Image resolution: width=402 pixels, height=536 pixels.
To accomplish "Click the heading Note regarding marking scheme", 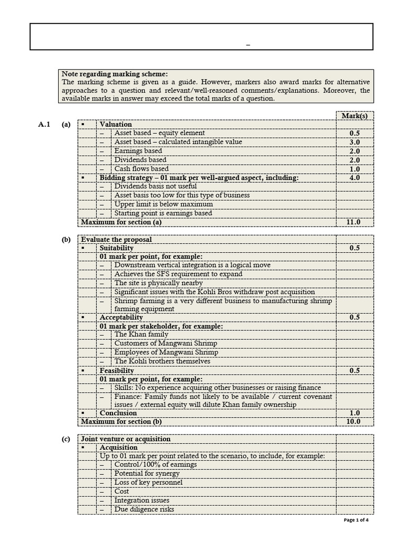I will (x=115, y=74).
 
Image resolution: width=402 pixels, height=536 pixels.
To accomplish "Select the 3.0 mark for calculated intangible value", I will (x=354, y=142).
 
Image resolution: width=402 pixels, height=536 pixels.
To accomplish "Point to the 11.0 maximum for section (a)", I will (x=354, y=222).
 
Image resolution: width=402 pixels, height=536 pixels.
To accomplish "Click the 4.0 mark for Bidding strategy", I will (x=354, y=178).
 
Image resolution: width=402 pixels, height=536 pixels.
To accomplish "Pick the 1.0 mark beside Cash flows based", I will (x=354, y=169).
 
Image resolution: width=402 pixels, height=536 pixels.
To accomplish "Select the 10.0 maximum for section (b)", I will (x=354, y=421).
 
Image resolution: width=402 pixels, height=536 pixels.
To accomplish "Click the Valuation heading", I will (x=116, y=125).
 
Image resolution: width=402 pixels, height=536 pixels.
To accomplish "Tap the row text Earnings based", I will (x=138, y=151).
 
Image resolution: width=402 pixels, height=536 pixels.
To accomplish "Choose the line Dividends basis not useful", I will (x=155, y=186).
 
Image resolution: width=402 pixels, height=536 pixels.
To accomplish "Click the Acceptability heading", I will (x=121, y=317).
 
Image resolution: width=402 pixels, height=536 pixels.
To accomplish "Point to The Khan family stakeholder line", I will (x=141, y=334).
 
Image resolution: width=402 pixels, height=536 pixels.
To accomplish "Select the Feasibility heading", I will (x=117, y=371).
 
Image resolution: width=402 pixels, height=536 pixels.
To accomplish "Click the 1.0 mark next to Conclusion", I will (x=354, y=412).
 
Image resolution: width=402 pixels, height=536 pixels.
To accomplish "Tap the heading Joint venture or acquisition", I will (x=126, y=439).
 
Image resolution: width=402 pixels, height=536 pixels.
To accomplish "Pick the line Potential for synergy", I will (x=147, y=474).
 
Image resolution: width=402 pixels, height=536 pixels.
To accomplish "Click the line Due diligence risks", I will (x=144, y=509).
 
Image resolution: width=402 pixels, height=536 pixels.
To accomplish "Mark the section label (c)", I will (x=66, y=439).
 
